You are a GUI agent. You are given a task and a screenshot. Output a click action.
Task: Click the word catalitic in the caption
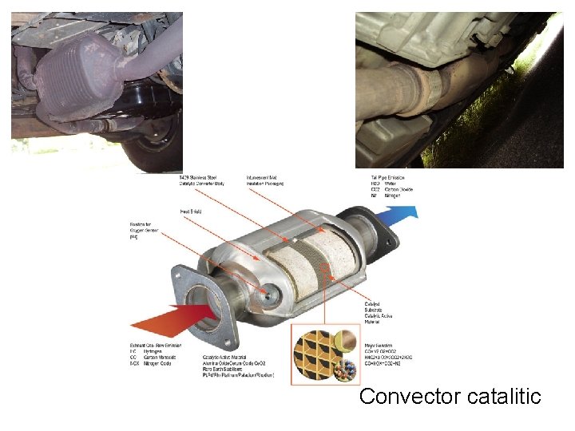501,396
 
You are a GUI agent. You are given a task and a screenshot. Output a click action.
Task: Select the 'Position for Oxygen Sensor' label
144,232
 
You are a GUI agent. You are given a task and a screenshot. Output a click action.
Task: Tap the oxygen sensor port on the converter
272,296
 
